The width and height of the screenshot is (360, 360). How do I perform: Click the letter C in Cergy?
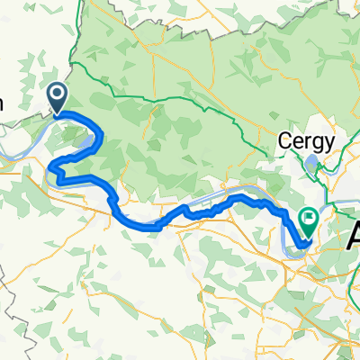(x=283, y=141)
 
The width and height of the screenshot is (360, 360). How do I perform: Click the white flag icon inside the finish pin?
(x=310, y=217)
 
